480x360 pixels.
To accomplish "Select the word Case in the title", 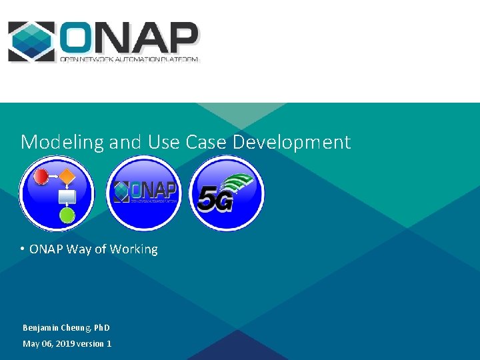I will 199,142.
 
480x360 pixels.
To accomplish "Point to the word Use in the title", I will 164,142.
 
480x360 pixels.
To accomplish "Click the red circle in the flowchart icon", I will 41,177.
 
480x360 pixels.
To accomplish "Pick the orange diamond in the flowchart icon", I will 67,177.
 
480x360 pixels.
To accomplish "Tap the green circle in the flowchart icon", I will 67,215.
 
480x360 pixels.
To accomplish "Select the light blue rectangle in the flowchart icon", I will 67,197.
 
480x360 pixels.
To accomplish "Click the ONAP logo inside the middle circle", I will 144,191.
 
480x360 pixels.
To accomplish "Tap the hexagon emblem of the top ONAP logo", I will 31,41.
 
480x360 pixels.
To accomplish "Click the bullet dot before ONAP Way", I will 23,249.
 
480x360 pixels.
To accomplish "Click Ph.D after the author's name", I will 101,328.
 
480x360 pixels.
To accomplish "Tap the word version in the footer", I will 90,344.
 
